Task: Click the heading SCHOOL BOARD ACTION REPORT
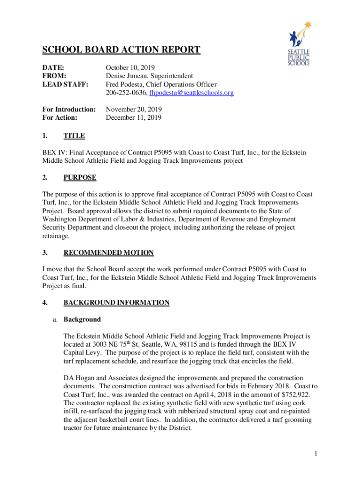[x=122, y=50]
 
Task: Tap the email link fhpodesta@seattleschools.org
[x=191, y=93]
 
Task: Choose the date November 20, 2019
[x=134, y=109]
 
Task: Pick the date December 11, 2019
[x=133, y=118]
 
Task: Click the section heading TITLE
[x=74, y=136]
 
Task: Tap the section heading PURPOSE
[x=80, y=177]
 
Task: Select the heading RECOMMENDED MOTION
[x=108, y=253]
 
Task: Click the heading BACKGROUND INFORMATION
[x=116, y=303]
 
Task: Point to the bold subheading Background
[x=82, y=319]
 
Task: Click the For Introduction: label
[x=69, y=109]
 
